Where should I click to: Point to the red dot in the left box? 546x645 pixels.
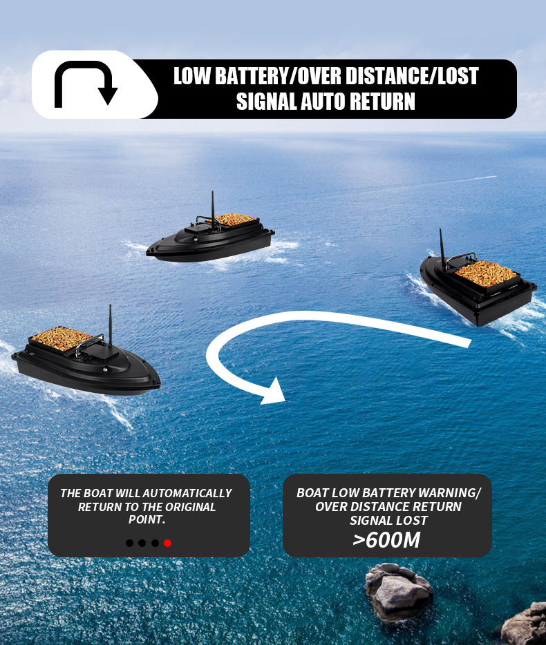click(x=168, y=543)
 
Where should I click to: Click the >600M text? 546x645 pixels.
click(x=386, y=539)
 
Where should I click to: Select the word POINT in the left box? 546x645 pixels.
click(x=146, y=519)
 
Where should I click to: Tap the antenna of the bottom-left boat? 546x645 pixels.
click(x=109, y=325)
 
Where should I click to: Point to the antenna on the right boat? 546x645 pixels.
click(x=442, y=249)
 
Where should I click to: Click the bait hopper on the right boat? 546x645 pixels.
click(x=487, y=273)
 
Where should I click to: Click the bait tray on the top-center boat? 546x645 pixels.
click(x=236, y=220)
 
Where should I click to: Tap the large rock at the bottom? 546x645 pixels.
click(x=399, y=590)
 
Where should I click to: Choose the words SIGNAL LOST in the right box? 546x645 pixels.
click(x=388, y=520)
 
